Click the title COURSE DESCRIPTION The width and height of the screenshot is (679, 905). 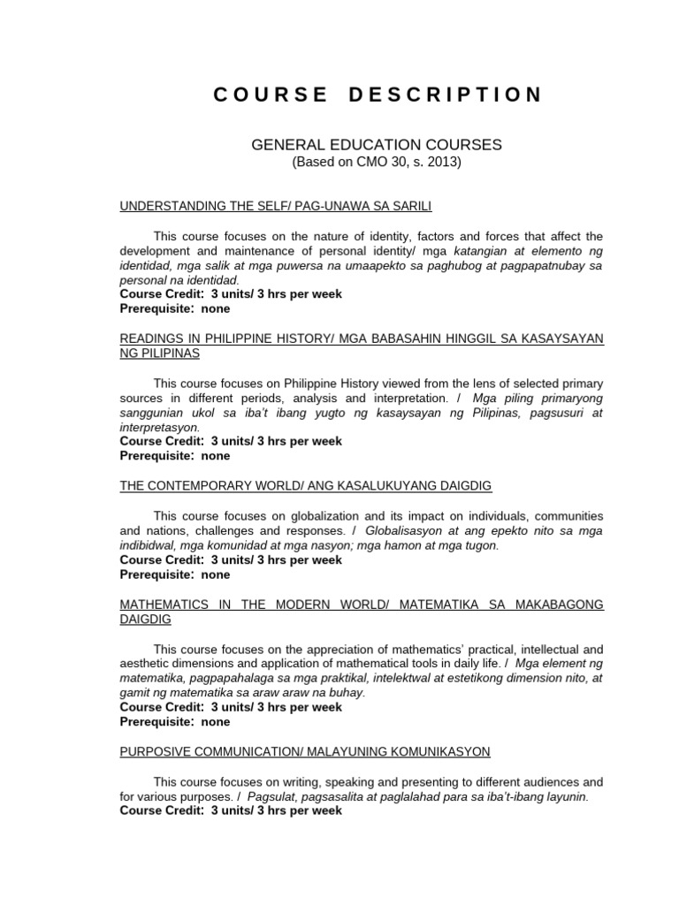[378, 95]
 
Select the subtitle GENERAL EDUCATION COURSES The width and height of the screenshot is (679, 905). [377, 144]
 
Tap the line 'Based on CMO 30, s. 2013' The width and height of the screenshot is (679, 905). [377, 162]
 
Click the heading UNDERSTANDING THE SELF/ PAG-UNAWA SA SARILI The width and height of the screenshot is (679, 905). [276, 206]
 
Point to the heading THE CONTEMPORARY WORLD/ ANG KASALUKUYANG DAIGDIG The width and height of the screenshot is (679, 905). [306, 486]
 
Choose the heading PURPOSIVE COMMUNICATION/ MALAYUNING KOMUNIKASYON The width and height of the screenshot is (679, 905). [305, 751]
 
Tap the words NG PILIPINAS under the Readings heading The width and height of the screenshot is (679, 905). [160, 353]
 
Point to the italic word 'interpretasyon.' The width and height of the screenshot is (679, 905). [160, 427]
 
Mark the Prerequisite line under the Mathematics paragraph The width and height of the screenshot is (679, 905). [175, 721]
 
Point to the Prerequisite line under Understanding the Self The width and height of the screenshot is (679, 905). [175, 308]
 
